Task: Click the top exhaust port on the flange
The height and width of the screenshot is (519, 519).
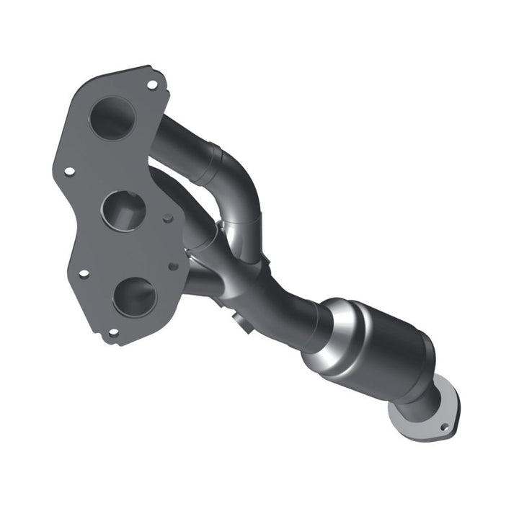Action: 112,117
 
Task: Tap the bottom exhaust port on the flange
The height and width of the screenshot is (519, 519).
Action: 134,296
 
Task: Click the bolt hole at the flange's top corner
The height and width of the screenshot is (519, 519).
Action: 152,84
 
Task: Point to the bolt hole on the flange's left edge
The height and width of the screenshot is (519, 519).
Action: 69,172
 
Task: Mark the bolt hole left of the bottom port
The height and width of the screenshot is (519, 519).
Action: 84,274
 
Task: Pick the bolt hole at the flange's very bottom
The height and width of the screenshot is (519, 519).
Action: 112,333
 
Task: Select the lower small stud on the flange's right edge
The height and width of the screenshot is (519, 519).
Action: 173,266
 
